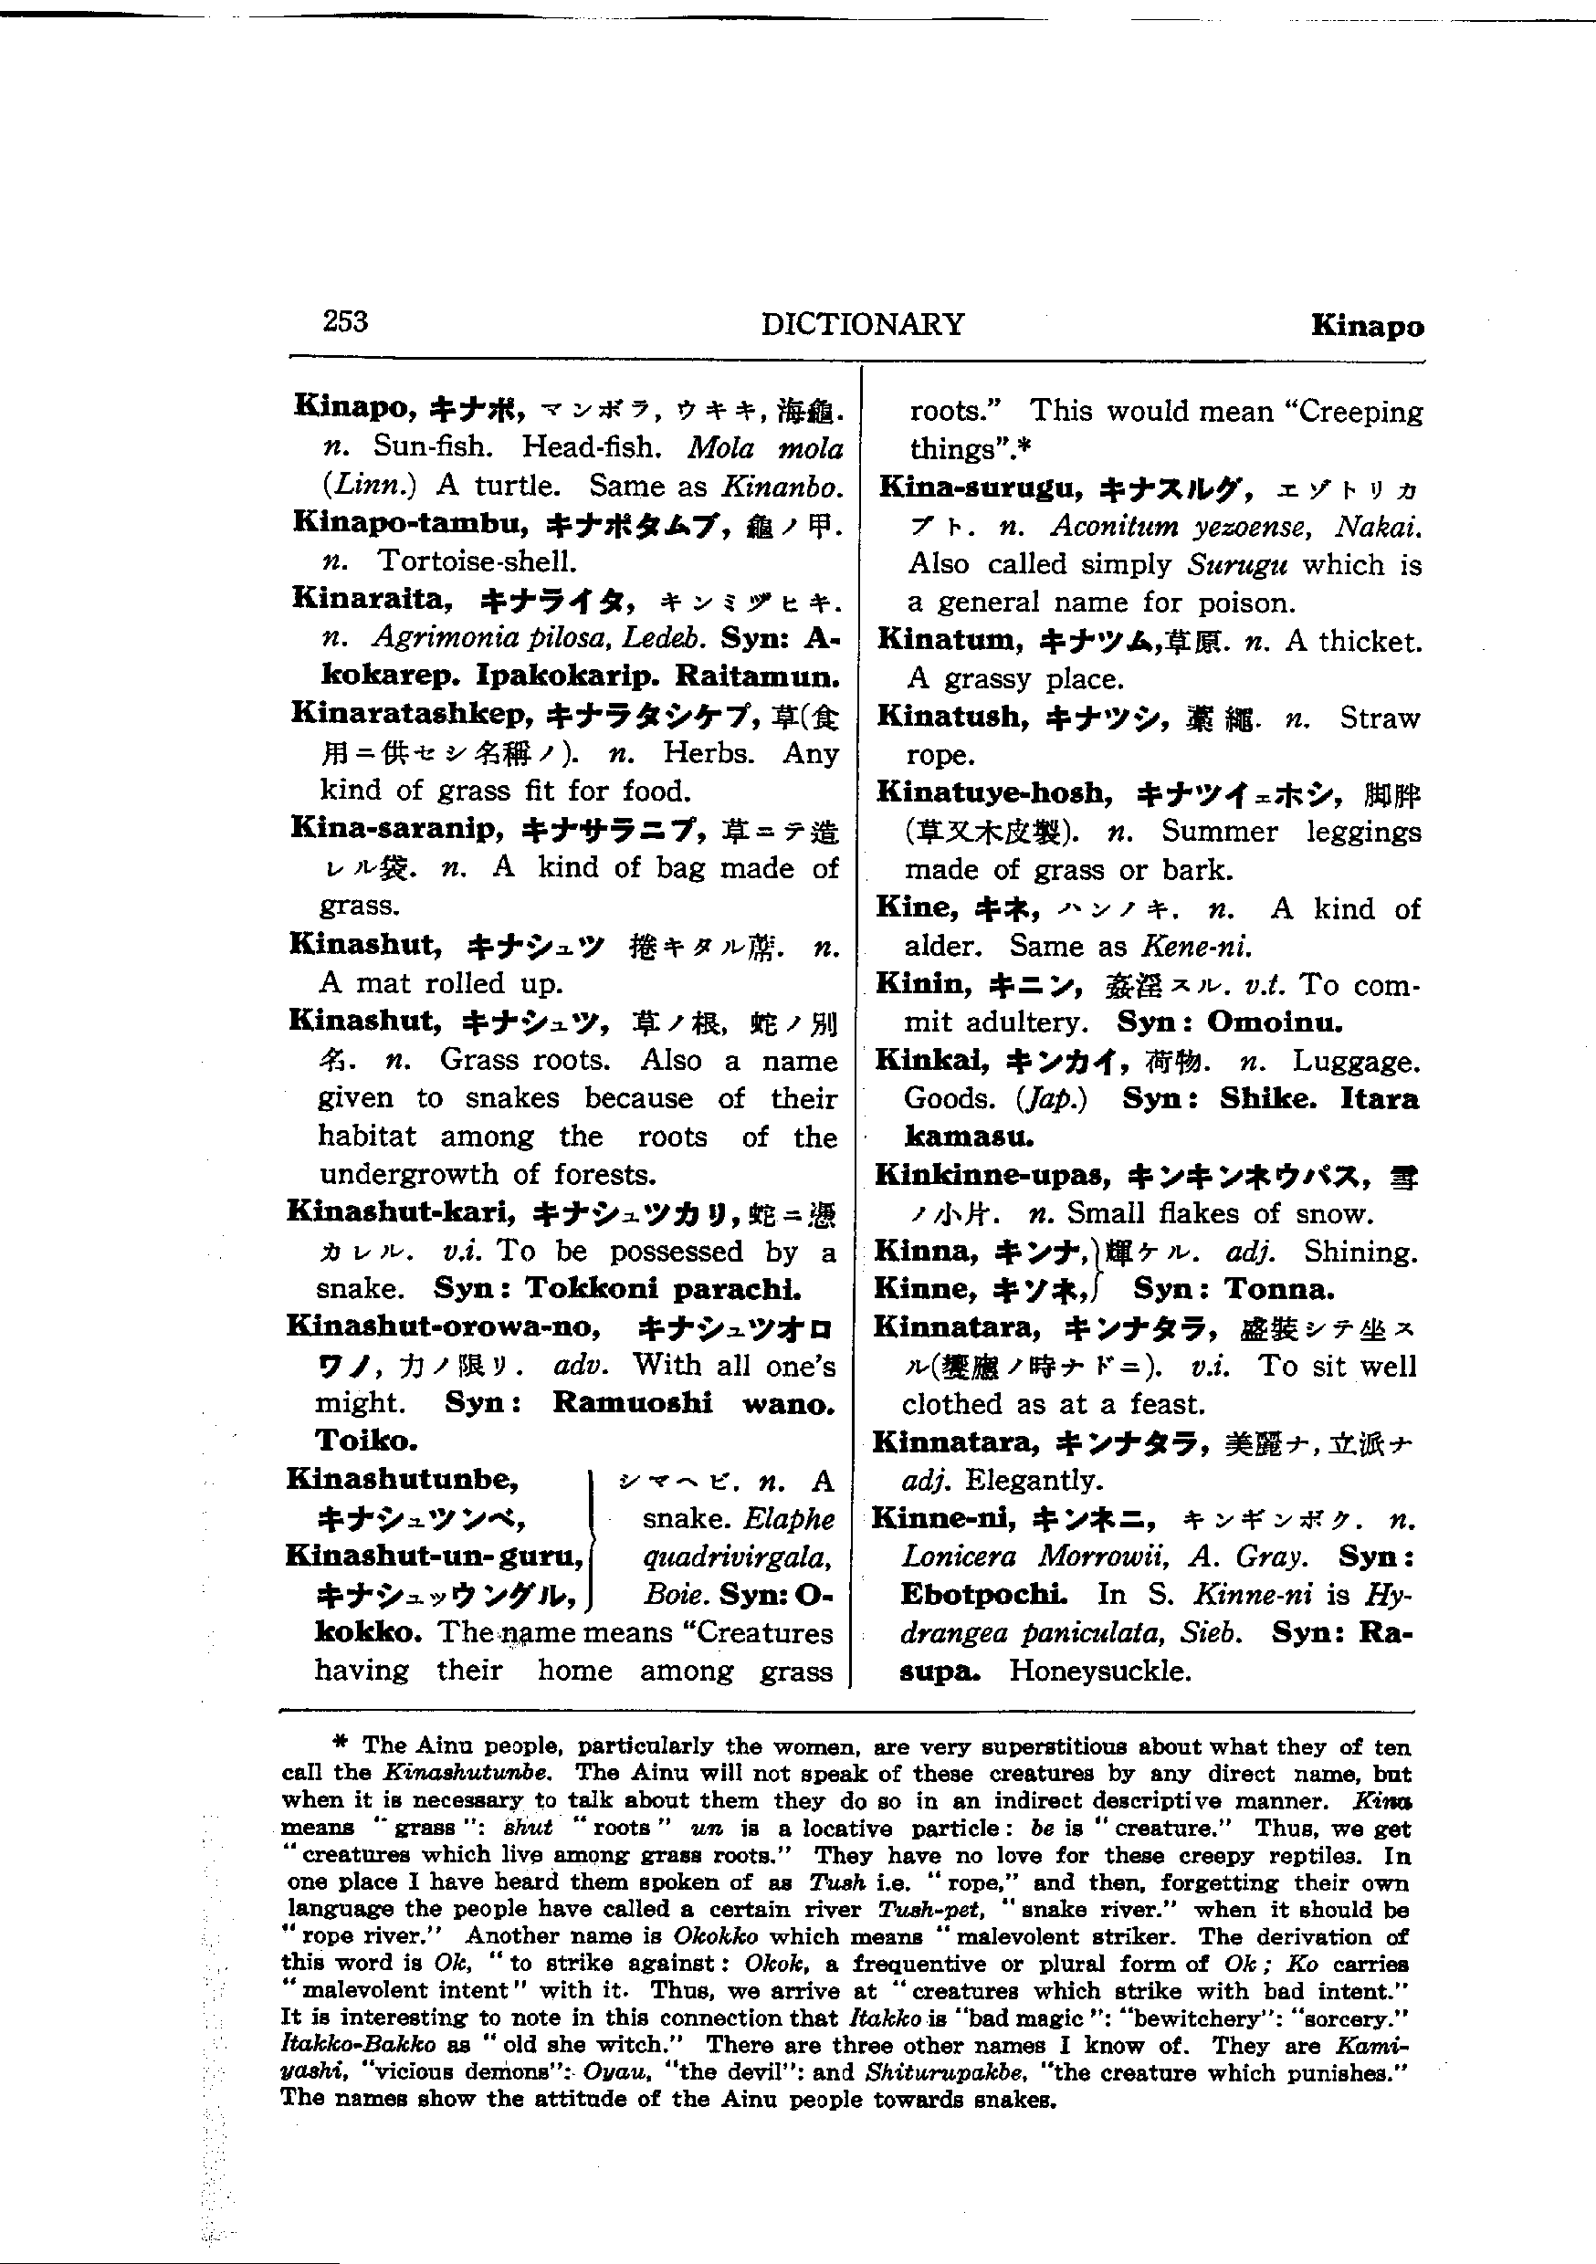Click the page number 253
(x=345, y=321)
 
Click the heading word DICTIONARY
(x=862, y=324)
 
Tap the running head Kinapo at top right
(x=1367, y=327)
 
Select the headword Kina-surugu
(x=981, y=487)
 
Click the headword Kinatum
(x=950, y=640)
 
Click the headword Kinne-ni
(x=943, y=1518)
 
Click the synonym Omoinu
(x=1275, y=1022)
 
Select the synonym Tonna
(x=1279, y=1290)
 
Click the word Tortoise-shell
(x=478, y=561)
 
